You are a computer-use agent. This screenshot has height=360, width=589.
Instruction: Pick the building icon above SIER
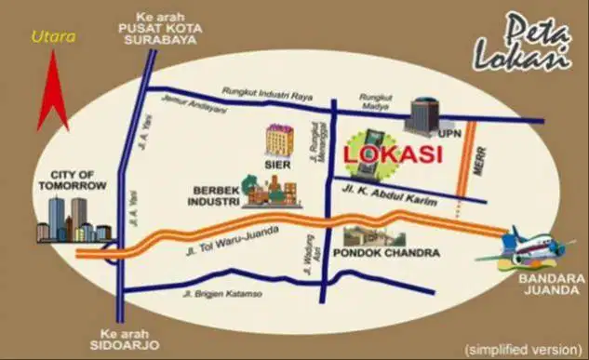pyautogui.click(x=278, y=140)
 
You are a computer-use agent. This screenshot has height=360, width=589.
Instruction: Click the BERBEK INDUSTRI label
pyautogui.click(x=214, y=194)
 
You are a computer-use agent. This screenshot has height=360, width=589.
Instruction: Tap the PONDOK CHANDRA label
pyautogui.click(x=379, y=252)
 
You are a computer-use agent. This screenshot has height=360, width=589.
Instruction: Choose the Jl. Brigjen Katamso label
pyautogui.click(x=224, y=295)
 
